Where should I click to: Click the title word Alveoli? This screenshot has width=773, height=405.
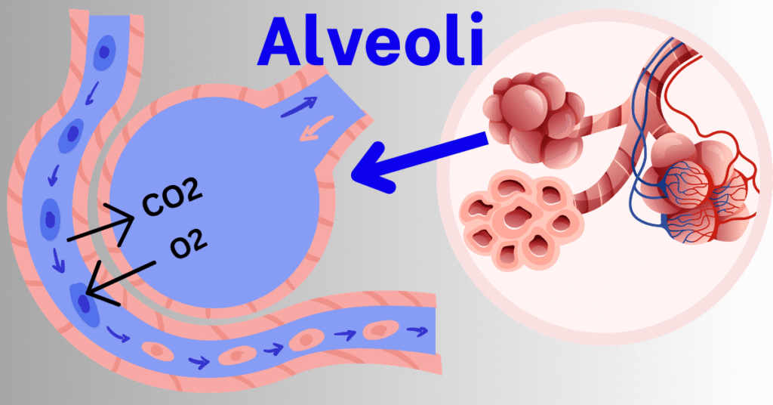pos(370,42)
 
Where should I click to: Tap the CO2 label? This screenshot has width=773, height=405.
pos(172,197)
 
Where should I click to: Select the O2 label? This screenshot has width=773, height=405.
pos(188,244)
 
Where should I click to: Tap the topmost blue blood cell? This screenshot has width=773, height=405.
pos(104,52)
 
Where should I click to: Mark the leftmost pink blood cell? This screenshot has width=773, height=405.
pos(158,351)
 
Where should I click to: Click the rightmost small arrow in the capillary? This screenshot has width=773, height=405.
pos(417,331)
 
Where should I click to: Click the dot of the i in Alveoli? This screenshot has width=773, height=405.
pos(476,21)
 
